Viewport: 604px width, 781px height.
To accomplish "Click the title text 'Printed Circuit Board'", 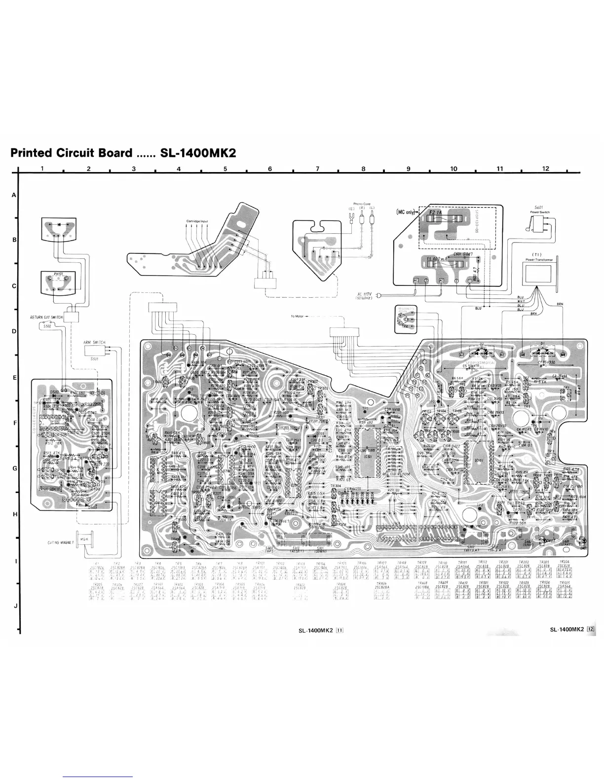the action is pyautogui.click(x=72, y=152).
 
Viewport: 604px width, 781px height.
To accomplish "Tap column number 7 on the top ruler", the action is pyautogui.click(x=317, y=169).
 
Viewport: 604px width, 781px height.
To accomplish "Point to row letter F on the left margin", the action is pyautogui.click(x=14, y=423).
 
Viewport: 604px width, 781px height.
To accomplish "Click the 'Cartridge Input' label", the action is pyautogui.click(x=197, y=221).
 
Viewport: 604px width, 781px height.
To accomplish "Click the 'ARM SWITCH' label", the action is pyautogui.click(x=94, y=342).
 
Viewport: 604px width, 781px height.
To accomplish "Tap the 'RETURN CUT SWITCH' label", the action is pyautogui.click(x=46, y=317).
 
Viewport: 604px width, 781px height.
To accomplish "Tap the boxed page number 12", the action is pyautogui.click(x=592, y=629).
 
